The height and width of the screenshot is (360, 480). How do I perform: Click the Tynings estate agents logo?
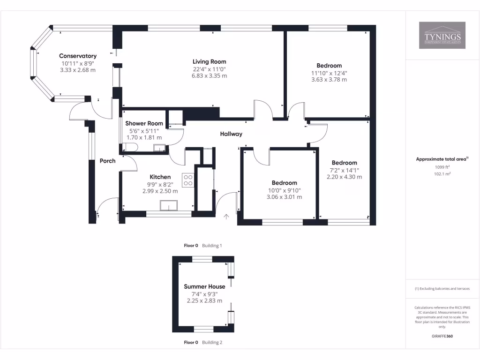coord(442,36)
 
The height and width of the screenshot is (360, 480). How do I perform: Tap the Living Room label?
coord(209,61)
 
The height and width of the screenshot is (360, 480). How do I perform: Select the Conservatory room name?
coord(78,56)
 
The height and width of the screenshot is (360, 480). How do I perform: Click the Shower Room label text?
coord(144,124)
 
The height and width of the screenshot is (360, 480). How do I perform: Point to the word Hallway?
coord(231,134)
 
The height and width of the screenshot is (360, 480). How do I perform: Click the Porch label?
coord(107,161)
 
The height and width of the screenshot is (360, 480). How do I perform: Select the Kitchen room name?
coord(160,177)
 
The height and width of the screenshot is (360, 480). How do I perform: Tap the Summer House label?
coord(204,286)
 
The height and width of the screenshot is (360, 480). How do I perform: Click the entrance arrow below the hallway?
coord(226,216)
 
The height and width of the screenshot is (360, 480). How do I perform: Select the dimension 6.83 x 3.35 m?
coord(209,75)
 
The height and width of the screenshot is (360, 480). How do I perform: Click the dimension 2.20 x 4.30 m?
coord(345,177)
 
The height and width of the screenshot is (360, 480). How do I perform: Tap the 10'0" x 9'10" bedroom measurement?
coord(284,190)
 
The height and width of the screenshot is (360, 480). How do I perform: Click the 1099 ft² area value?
coord(442,167)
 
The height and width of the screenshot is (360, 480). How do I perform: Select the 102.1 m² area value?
coord(442,174)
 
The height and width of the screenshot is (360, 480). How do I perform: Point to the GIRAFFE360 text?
coord(442,336)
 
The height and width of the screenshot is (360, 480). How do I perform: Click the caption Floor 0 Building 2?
coord(203,342)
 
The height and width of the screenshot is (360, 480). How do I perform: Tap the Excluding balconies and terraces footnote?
coord(442,289)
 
